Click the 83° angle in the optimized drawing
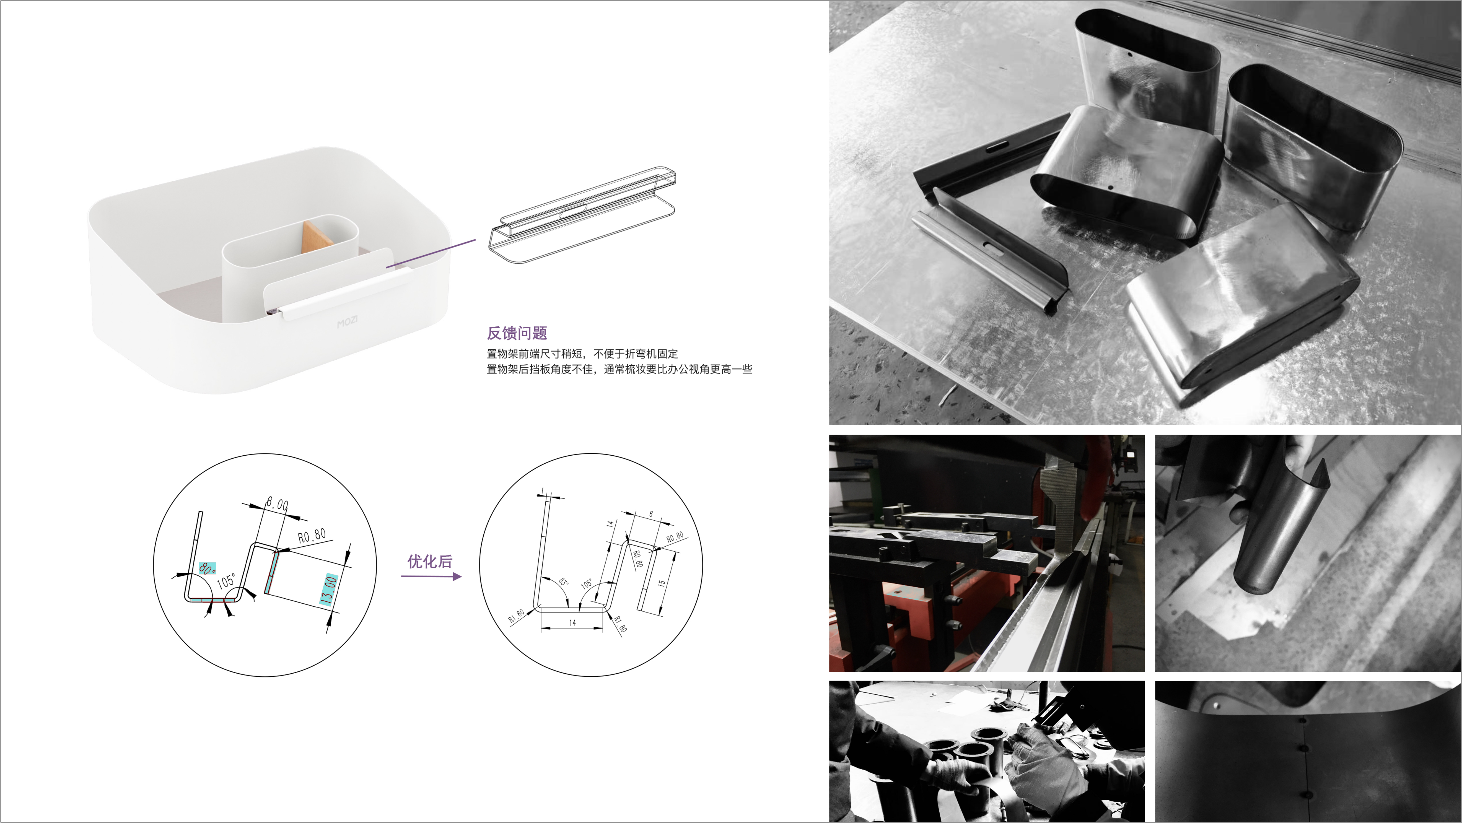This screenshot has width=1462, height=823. [x=562, y=582]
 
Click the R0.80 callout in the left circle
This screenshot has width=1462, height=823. [x=312, y=535]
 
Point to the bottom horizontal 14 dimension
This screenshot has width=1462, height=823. [x=572, y=623]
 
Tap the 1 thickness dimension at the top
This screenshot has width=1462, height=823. [x=543, y=491]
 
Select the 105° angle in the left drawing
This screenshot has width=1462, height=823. [x=226, y=581]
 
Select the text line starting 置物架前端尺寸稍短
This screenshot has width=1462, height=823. [x=582, y=354]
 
